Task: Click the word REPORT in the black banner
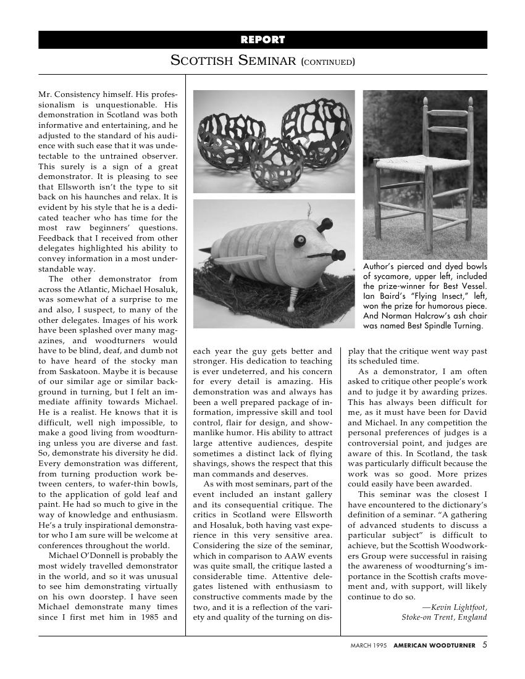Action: (x=262, y=40)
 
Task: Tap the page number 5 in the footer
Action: (x=485, y=645)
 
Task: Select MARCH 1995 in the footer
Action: (x=369, y=646)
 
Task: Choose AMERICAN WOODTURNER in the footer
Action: (x=434, y=646)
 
